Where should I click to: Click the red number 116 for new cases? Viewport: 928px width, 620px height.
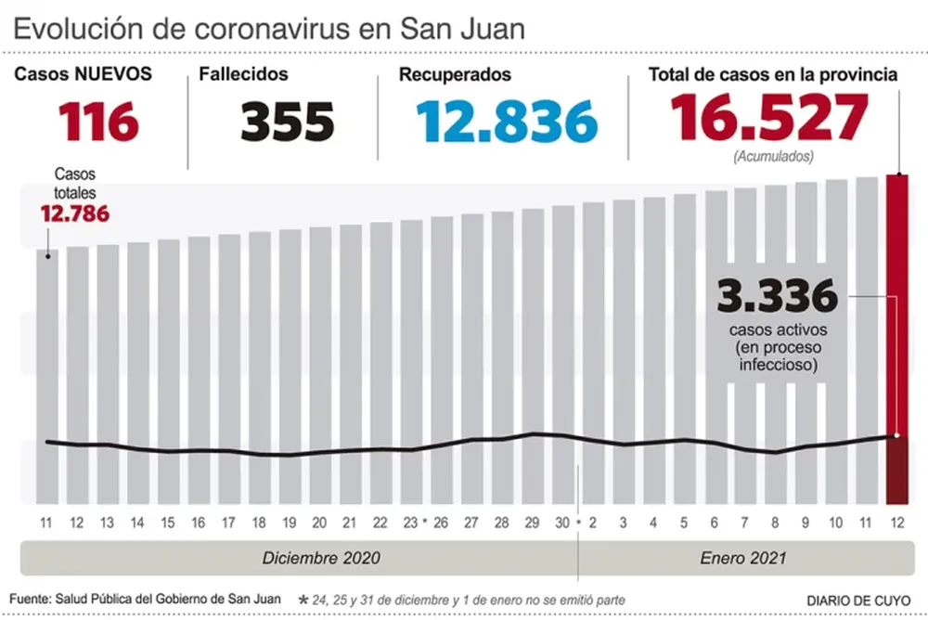[x=98, y=121]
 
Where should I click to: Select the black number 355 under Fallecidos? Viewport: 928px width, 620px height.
[x=288, y=121]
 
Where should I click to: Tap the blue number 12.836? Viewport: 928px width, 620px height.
[x=506, y=121]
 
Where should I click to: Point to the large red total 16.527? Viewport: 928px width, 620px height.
[x=769, y=117]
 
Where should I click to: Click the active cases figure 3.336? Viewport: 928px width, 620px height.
[x=777, y=298]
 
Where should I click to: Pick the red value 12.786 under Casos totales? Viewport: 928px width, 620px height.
[x=74, y=214]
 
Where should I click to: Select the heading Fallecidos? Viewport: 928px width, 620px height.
[x=243, y=74]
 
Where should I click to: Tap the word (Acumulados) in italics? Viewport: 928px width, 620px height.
[x=773, y=156]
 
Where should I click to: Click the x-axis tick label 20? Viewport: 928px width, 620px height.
[x=318, y=523]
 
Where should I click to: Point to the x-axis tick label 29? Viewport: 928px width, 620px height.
[x=532, y=523]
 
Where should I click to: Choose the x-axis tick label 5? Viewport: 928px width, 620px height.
[x=684, y=523]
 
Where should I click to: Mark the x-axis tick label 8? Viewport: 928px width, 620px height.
[x=775, y=523]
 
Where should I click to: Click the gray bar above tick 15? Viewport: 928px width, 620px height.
[x=168, y=371]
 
